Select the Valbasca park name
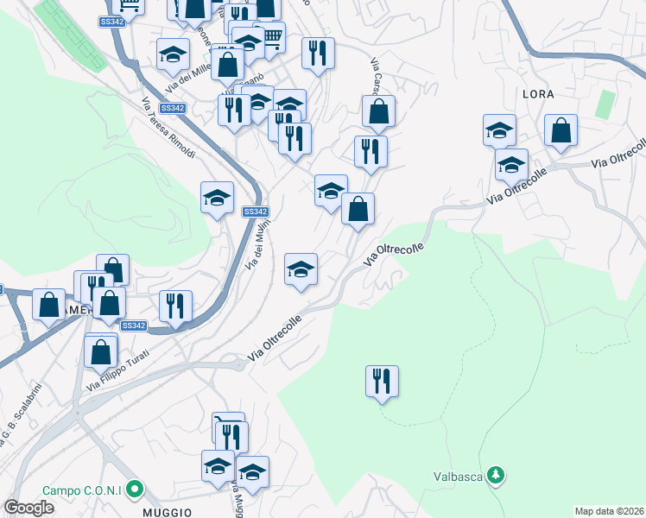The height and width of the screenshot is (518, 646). [458, 476]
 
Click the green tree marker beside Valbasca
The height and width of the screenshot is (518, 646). [495, 475]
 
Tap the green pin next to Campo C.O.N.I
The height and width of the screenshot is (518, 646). [134, 490]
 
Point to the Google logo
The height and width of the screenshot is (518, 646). [28, 508]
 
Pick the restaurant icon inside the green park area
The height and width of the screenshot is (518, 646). [382, 381]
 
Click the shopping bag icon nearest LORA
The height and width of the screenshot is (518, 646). [561, 131]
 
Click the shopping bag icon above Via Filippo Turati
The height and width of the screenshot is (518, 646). [101, 351]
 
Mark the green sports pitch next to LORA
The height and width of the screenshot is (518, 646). [605, 104]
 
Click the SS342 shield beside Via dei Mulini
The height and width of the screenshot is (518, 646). [255, 212]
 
